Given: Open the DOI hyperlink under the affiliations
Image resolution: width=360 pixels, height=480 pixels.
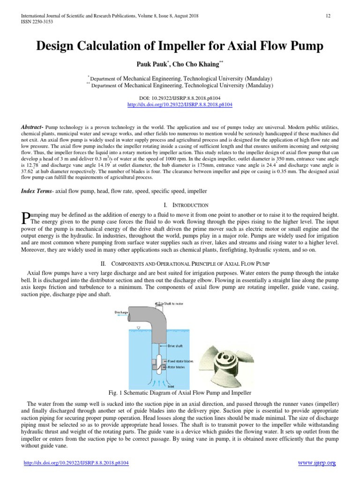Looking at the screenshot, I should (180, 105).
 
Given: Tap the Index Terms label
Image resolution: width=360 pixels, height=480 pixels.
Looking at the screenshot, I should (37, 191).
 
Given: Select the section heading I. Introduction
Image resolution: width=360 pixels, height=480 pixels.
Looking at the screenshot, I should (180, 205).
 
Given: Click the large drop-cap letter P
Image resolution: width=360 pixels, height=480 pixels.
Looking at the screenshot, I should (26, 217).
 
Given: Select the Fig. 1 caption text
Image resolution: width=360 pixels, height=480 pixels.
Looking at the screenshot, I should (180, 392).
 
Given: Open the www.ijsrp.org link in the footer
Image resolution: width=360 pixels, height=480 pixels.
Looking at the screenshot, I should (317, 463).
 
